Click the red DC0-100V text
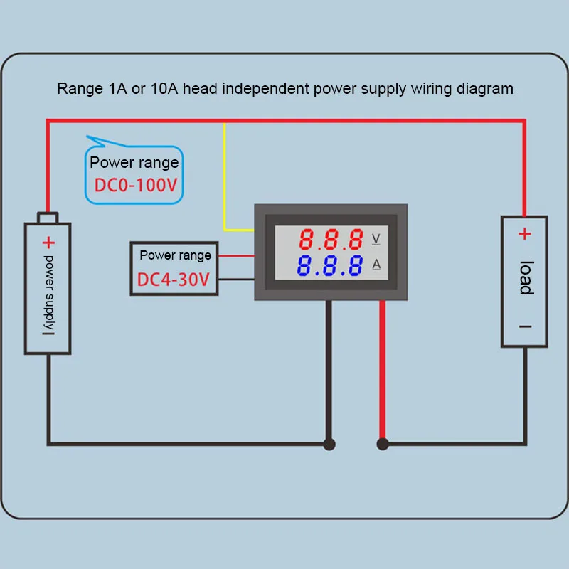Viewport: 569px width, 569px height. [136, 185]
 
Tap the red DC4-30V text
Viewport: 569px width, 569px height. [174, 280]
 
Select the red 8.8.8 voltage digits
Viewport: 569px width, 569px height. [331, 240]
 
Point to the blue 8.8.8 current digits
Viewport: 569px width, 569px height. [329, 265]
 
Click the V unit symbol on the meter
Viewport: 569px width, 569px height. [376, 239]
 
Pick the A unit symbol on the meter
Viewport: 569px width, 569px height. [376, 264]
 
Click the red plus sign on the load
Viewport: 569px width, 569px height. [525, 234]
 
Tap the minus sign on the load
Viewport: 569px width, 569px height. [525, 326]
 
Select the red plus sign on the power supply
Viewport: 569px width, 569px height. [48, 243]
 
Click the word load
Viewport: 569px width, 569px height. [526, 277]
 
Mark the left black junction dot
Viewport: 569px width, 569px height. [329, 444]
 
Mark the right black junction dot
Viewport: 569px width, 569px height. [383, 444]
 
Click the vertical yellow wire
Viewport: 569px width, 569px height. [224, 176]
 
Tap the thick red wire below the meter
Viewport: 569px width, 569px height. [382, 369]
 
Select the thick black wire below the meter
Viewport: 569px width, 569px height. [329, 369]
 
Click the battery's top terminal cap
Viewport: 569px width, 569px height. [48, 218]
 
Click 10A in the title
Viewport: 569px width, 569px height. [164, 88]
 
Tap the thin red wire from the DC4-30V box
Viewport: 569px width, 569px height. [236, 256]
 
